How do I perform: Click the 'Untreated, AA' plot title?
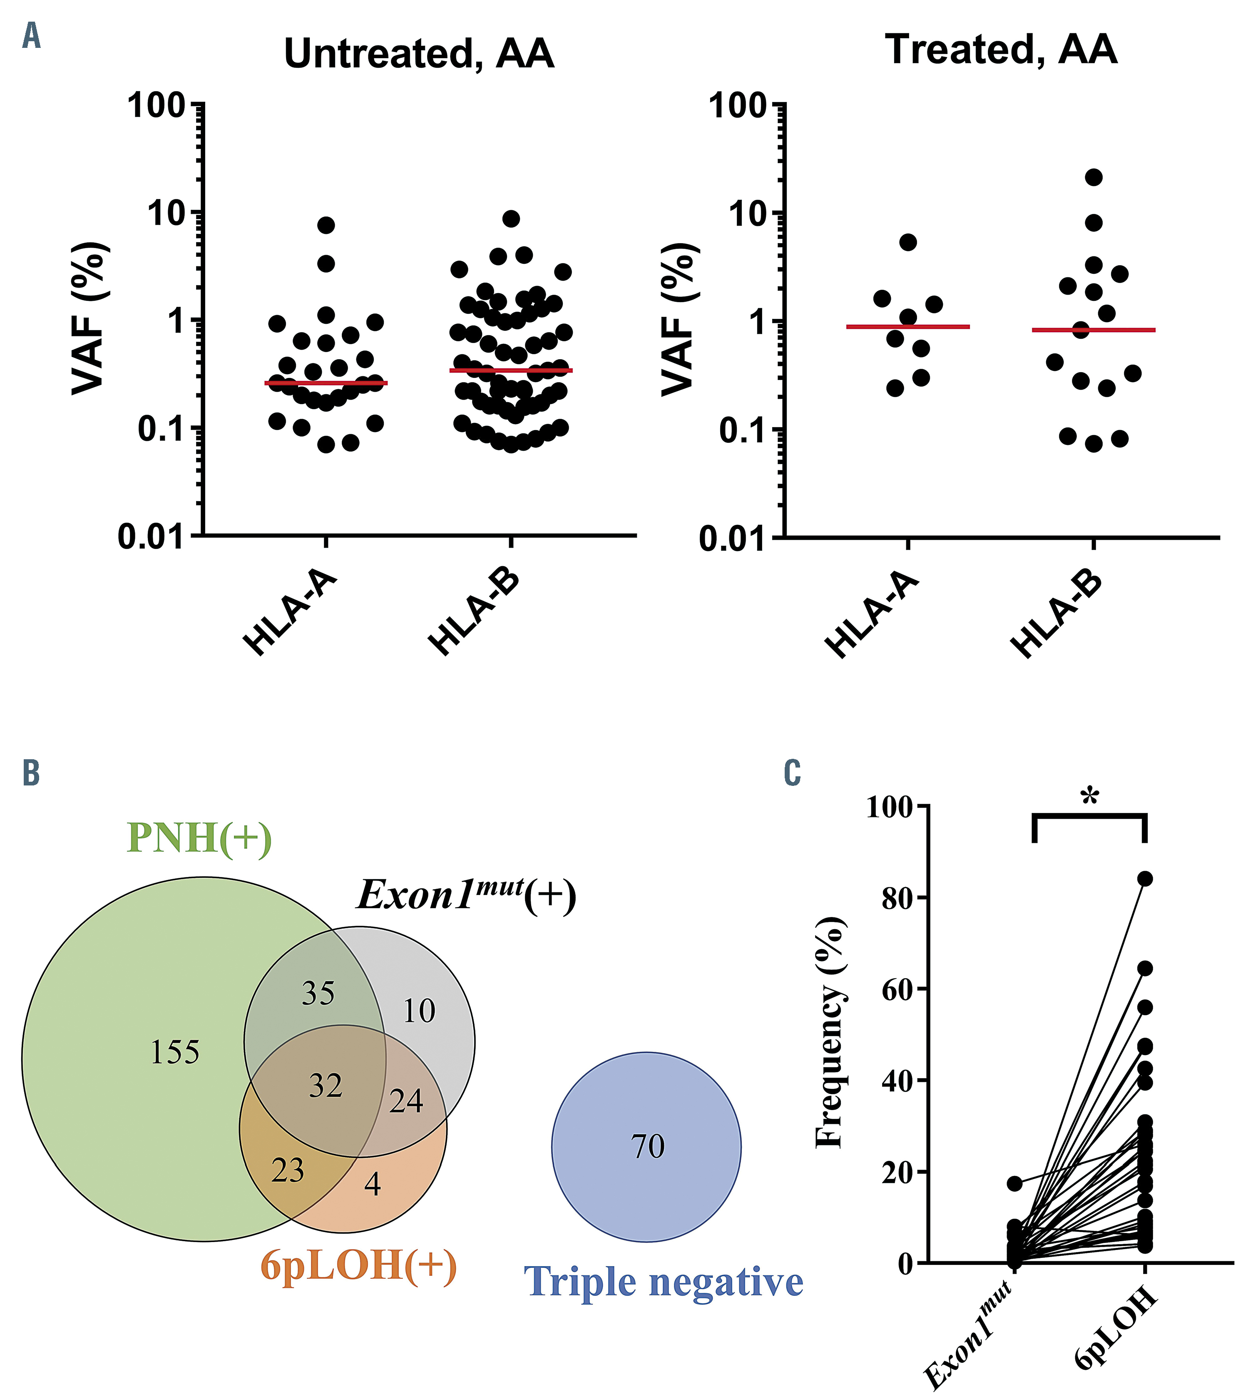point(418,54)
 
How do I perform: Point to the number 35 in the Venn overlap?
point(318,993)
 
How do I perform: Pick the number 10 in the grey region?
point(418,1011)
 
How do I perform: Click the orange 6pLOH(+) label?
point(359,1265)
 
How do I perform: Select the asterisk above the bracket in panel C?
point(1089,798)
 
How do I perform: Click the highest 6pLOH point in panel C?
point(1144,879)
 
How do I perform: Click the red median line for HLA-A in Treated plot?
point(908,326)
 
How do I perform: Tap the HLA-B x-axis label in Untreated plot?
point(475,612)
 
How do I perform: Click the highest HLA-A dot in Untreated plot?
point(326,225)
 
